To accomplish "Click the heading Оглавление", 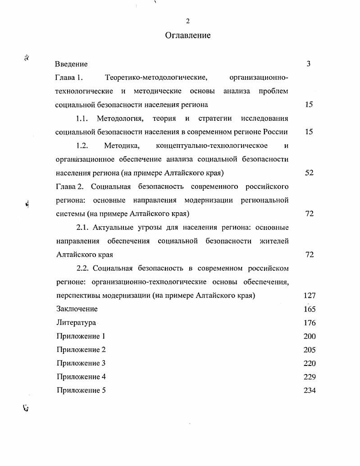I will [188, 35].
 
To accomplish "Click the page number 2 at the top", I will [188, 21].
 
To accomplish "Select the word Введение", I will [71, 64].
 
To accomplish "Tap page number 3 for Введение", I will [309, 64].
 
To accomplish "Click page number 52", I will [309, 173].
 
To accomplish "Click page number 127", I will [310, 296].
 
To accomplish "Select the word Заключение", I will [77, 309].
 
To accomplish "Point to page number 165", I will [310, 309].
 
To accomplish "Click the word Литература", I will [76, 323].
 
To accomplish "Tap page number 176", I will [310, 323].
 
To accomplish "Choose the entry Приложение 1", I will [81, 336].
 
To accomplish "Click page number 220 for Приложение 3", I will [310, 363].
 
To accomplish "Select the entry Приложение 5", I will [81, 390].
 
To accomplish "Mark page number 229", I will [310, 377].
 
